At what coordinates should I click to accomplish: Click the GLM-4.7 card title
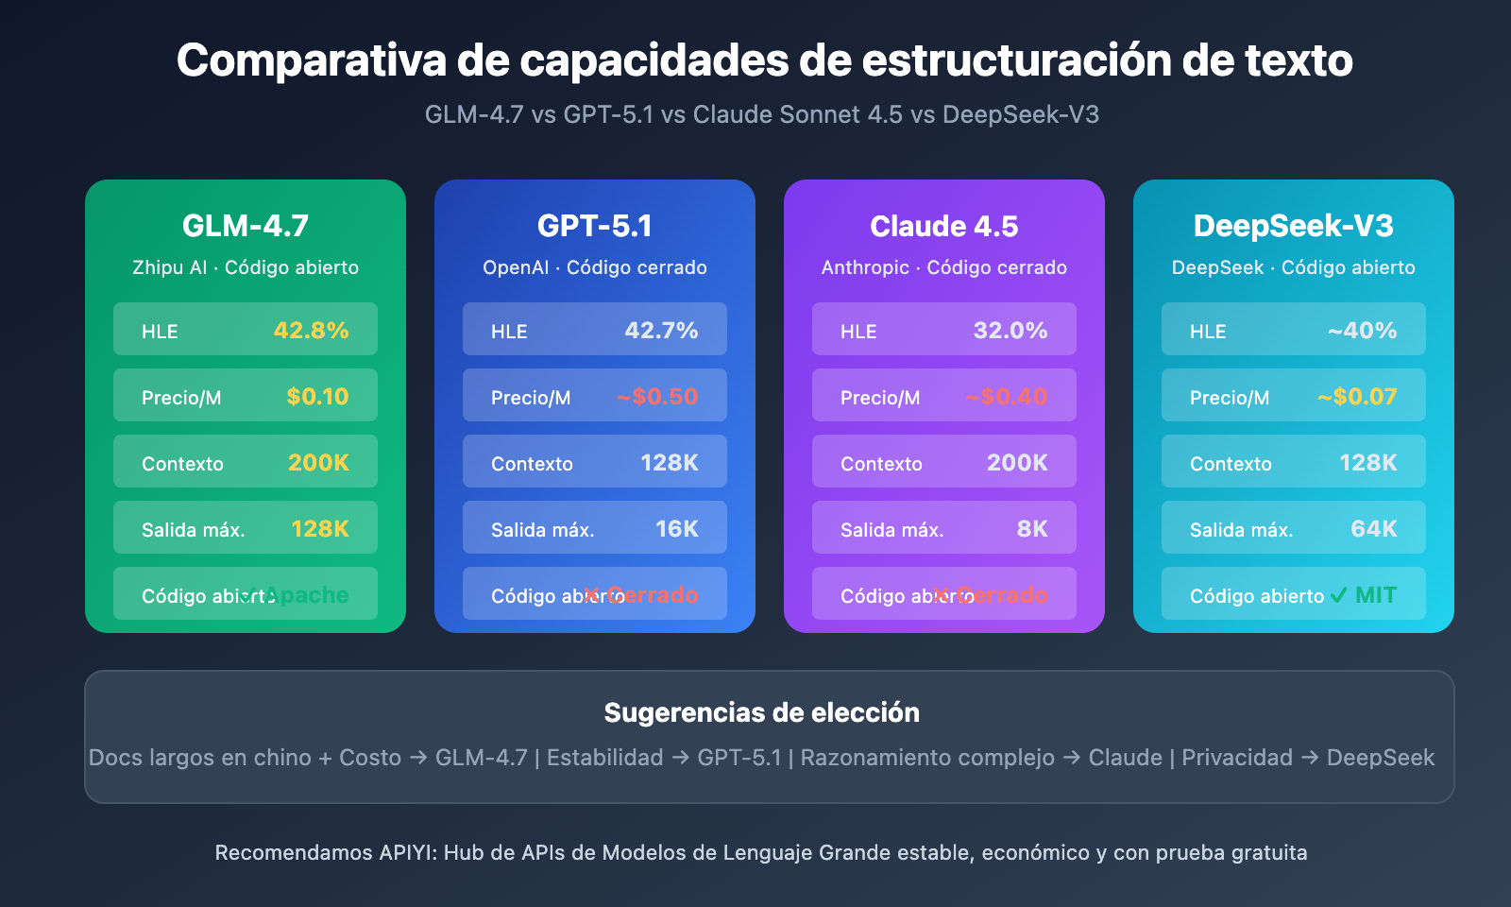click(246, 226)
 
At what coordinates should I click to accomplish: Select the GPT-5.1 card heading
click(595, 226)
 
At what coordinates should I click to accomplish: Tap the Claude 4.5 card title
click(944, 227)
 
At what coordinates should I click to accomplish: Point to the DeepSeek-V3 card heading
click(1294, 226)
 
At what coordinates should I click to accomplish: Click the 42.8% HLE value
click(311, 331)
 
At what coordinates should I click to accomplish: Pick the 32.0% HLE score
click(1010, 331)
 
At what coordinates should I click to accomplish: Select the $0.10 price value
click(317, 397)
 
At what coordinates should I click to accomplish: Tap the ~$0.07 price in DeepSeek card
click(1357, 397)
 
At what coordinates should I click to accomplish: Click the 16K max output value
click(677, 529)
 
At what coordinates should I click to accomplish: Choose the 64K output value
click(1374, 529)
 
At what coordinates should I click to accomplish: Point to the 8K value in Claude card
click(1032, 529)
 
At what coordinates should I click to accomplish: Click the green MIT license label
click(1375, 595)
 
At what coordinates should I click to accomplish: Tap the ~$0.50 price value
click(657, 397)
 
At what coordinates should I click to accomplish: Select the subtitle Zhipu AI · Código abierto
click(246, 267)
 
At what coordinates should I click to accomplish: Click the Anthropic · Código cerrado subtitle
click(944, 267)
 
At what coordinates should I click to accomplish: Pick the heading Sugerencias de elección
click(762, 712)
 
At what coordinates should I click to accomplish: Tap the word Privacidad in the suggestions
click(1237, 758)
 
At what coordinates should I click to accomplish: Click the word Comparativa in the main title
click(312, 60)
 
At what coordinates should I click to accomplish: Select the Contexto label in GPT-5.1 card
click(532, 464)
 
